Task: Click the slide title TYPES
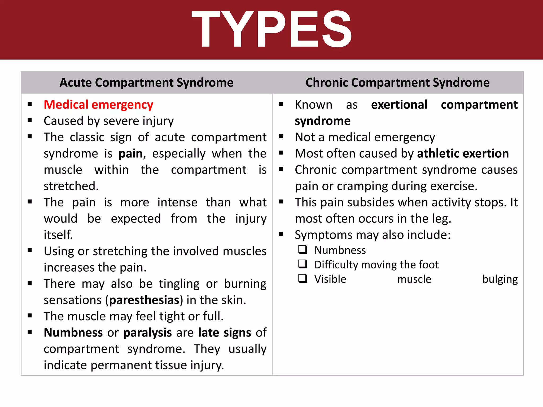click(271, 29)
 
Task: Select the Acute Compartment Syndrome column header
click(146, 82)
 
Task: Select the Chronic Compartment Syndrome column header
click(397, 82)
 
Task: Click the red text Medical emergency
click(98, 105)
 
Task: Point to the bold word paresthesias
click(144, 300)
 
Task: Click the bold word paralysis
click(147, 333)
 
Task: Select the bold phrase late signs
click(225, 333)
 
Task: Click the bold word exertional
click(399, 105)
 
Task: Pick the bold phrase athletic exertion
click(463, 154)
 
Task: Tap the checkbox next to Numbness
click(303, 250)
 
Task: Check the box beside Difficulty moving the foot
click(303, 264)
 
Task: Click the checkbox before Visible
click(303, 279)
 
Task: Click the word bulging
click(500, 279)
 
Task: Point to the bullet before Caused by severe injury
click(30, 121)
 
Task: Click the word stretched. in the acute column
click(71, 186)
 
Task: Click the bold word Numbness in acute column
click(73, 333)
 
